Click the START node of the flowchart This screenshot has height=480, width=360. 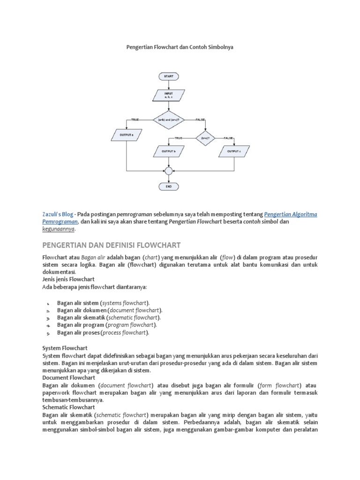169,76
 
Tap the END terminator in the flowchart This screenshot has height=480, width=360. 169,186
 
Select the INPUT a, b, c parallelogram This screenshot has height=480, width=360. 169,95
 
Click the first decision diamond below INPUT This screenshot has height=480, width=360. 169,120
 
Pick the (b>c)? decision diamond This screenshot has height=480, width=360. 204,138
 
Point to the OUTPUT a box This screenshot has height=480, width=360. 127,135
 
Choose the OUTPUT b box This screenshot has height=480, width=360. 168,152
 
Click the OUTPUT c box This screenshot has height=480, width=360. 233,152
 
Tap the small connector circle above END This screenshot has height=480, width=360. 169,171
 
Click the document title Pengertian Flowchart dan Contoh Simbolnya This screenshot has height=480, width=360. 180,47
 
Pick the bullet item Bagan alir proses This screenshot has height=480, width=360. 103,333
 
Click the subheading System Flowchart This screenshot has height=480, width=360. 62,348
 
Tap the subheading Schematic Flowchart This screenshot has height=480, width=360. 66,408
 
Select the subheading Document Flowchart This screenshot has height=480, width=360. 68,378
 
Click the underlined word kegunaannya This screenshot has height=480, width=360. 58,230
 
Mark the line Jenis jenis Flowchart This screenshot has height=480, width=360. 68,278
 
